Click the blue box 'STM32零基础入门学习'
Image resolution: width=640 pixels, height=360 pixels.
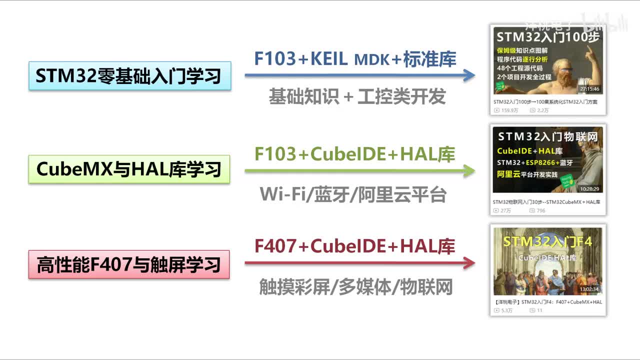129,76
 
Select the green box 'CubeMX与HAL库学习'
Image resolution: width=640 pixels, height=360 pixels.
129,169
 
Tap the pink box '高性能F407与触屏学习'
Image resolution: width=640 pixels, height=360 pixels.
129,264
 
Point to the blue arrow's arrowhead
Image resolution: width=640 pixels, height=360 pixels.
469,75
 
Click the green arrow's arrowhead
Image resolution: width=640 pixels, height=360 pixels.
469,170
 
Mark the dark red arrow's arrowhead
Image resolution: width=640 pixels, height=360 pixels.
469,263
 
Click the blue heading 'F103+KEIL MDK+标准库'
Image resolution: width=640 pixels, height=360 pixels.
355,59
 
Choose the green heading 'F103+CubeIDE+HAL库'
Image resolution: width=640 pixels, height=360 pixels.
355,154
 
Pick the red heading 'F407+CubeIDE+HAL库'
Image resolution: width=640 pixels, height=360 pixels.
355,246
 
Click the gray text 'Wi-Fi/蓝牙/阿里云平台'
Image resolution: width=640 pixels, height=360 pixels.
353,194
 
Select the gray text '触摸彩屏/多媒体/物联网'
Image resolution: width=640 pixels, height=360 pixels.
356,287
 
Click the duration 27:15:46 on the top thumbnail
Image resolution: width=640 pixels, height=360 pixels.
589,89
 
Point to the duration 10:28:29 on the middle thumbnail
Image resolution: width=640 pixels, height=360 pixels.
589,189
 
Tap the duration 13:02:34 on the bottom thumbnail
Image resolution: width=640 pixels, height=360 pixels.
589,289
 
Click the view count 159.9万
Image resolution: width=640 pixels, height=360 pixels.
510,110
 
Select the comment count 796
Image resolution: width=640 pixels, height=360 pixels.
541,210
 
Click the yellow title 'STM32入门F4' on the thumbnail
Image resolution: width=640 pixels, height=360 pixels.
547,242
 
